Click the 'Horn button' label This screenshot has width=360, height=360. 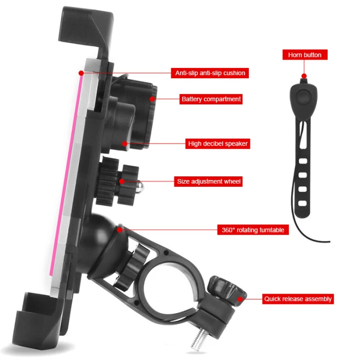pos(305,55)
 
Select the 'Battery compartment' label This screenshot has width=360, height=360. pos(211,99)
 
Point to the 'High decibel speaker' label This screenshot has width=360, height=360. pos(218,144)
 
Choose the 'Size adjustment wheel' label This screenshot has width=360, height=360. pos(208,181)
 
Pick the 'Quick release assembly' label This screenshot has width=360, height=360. pos(298,298)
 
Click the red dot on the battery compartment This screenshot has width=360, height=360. pos(153,98)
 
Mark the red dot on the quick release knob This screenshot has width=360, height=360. pos(239,298)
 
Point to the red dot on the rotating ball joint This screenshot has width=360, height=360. pos(119,229)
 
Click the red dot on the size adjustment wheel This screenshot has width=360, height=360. pos(122,181)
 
